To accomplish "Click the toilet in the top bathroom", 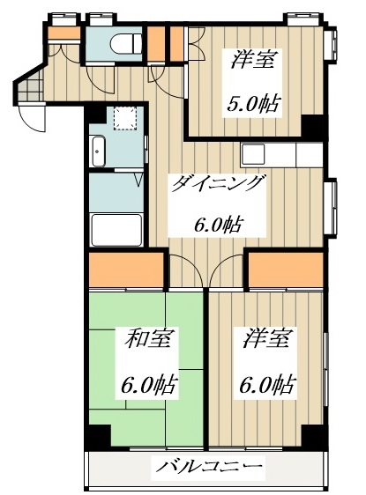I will tap(126, 41).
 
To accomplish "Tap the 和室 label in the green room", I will tap(148, 338).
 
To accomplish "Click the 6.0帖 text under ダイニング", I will tap(218, 223).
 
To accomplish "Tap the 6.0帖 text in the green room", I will tap(147, 385).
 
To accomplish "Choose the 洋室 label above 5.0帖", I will tap(255, 61).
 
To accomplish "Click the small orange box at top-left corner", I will tap(60, 35).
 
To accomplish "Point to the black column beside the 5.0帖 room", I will tap(313, 126).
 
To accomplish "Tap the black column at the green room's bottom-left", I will tap(97, 436).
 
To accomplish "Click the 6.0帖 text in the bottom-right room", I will tap(265, 385).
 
